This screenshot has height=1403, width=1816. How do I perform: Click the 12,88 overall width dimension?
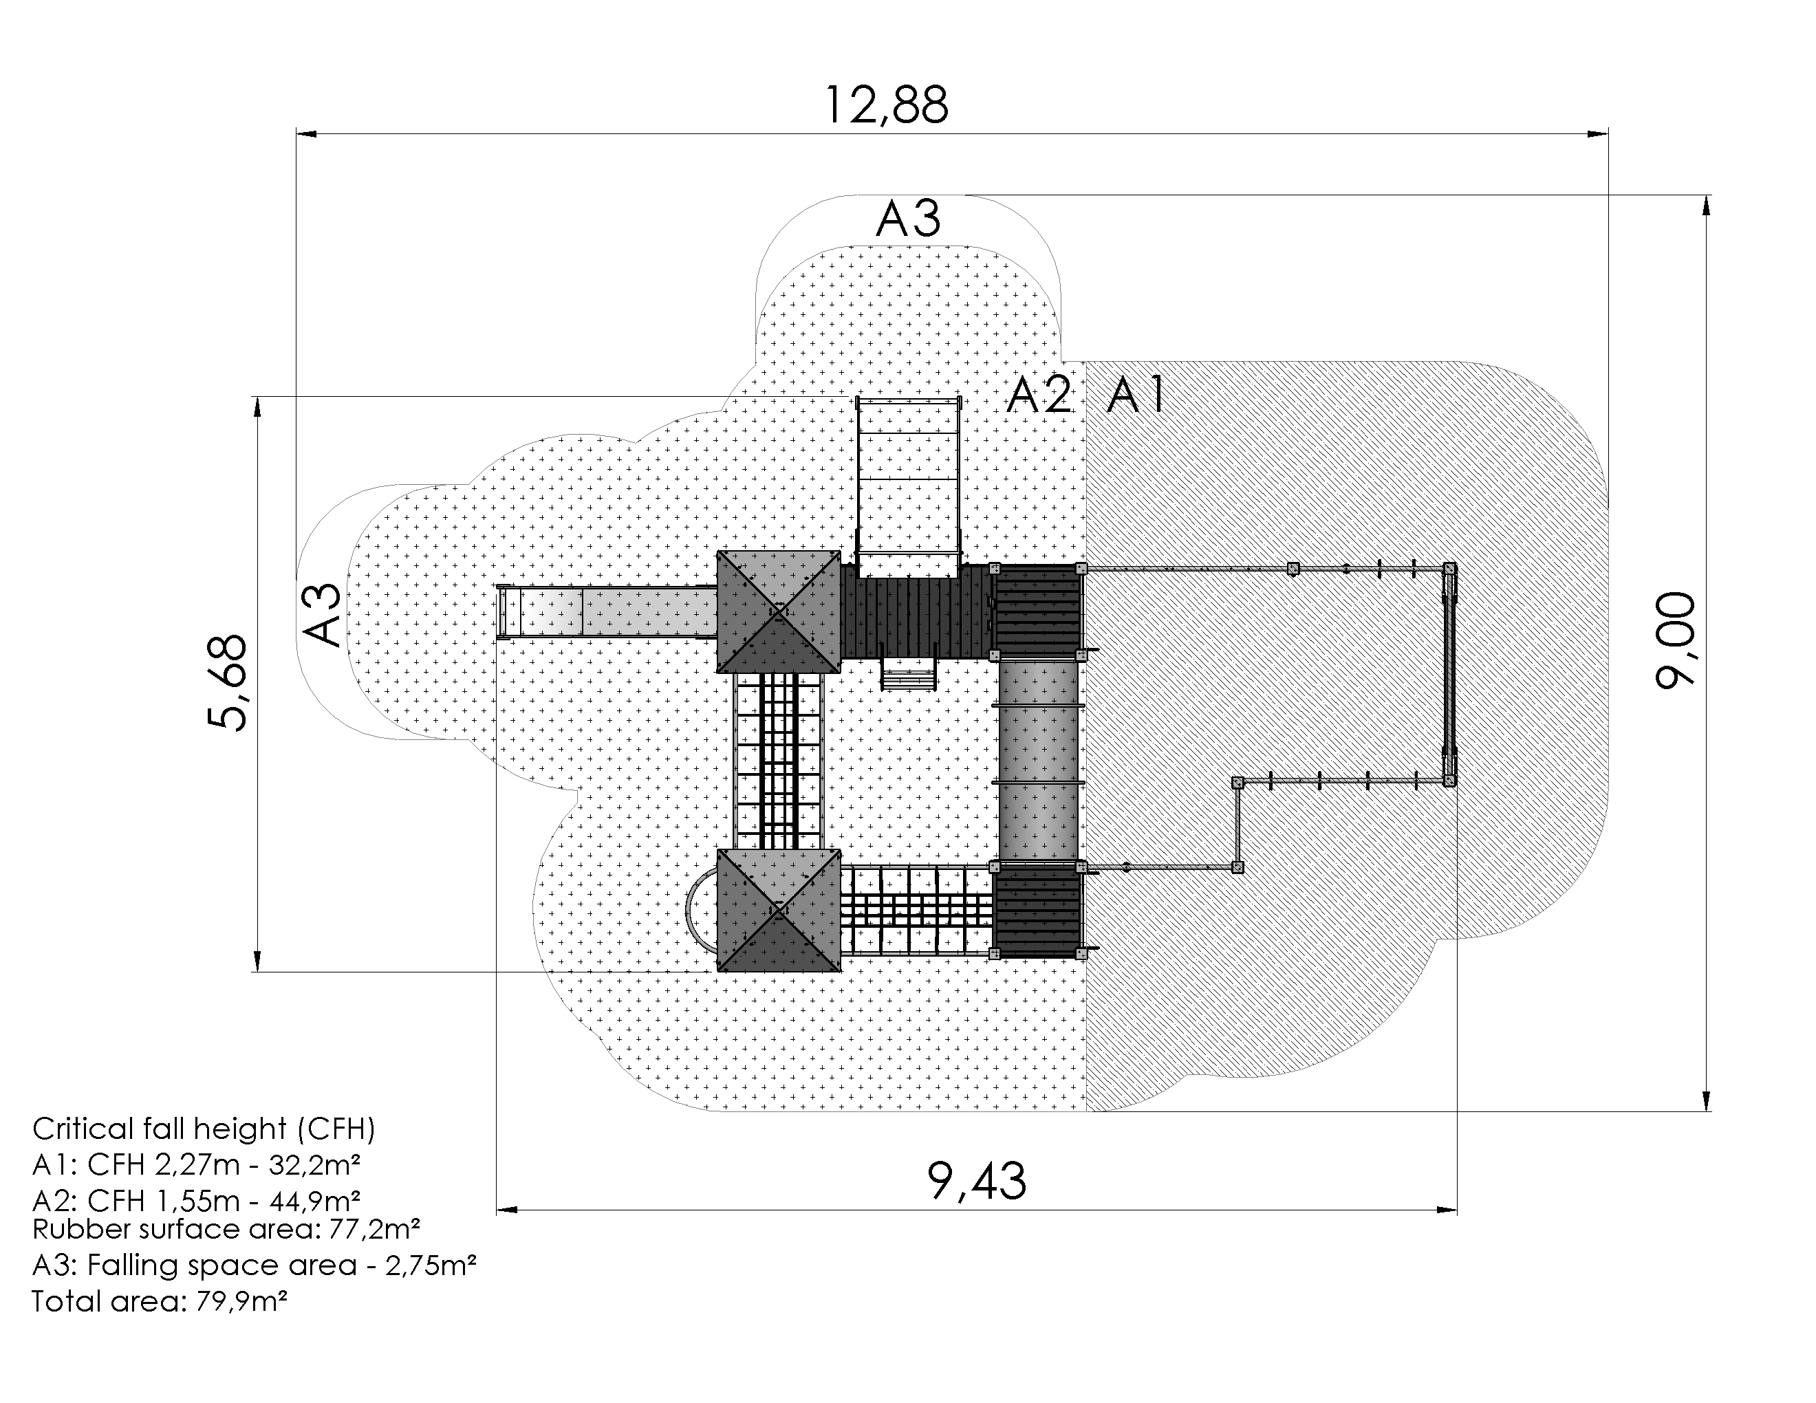(x=885, y=105)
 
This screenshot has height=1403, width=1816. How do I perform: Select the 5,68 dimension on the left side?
(x=227, y=682)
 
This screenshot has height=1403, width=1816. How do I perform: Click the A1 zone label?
(x=1136, y=395)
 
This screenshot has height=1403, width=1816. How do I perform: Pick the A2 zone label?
(x=1039, y=395)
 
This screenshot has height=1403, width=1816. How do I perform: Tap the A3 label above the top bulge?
(x=908, y=219)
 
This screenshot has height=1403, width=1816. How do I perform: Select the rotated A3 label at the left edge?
(x=321, y=615)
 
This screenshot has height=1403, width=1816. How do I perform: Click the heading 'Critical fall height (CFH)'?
(x=204, y=1129)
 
